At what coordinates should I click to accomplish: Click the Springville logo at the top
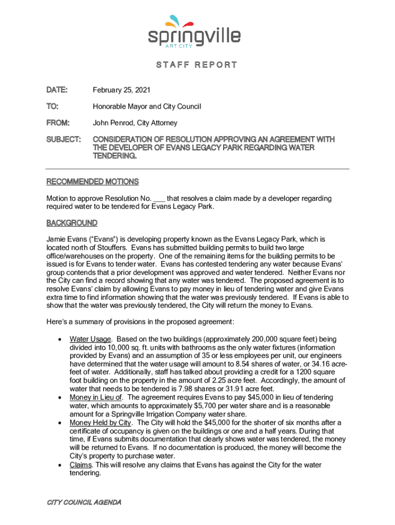click(x=194, y=32)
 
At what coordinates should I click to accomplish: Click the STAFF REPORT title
click(x=196, y=65)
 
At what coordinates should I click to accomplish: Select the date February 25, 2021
click(x=122, y=90)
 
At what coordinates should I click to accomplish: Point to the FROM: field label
click(x=58, y=123)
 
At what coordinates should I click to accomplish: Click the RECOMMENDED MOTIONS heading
click(x=92, y=181)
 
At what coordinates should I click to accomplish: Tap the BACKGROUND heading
click(x=72, y=223)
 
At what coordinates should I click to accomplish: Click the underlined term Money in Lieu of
click(x=96, y=397)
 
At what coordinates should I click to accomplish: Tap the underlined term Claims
click(x=81, y=465)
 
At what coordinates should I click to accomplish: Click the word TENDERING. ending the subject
click(x=114, y=156)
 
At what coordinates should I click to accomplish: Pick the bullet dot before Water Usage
click(x=61, y=339)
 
